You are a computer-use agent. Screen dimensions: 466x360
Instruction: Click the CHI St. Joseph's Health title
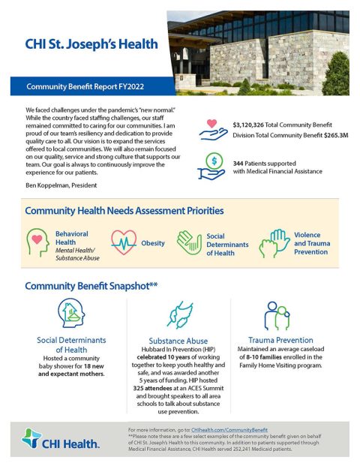91,44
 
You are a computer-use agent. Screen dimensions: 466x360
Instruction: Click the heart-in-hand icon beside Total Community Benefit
214,128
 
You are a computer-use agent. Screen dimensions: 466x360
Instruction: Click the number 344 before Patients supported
239,162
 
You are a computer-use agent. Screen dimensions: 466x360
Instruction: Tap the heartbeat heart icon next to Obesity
122,243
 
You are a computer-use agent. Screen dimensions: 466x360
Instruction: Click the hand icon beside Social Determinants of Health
189,243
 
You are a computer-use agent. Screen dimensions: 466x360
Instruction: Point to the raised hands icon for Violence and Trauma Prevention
274,243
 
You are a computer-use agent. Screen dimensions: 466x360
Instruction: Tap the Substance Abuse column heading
178,340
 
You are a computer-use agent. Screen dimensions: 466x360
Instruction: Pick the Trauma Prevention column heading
280,340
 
